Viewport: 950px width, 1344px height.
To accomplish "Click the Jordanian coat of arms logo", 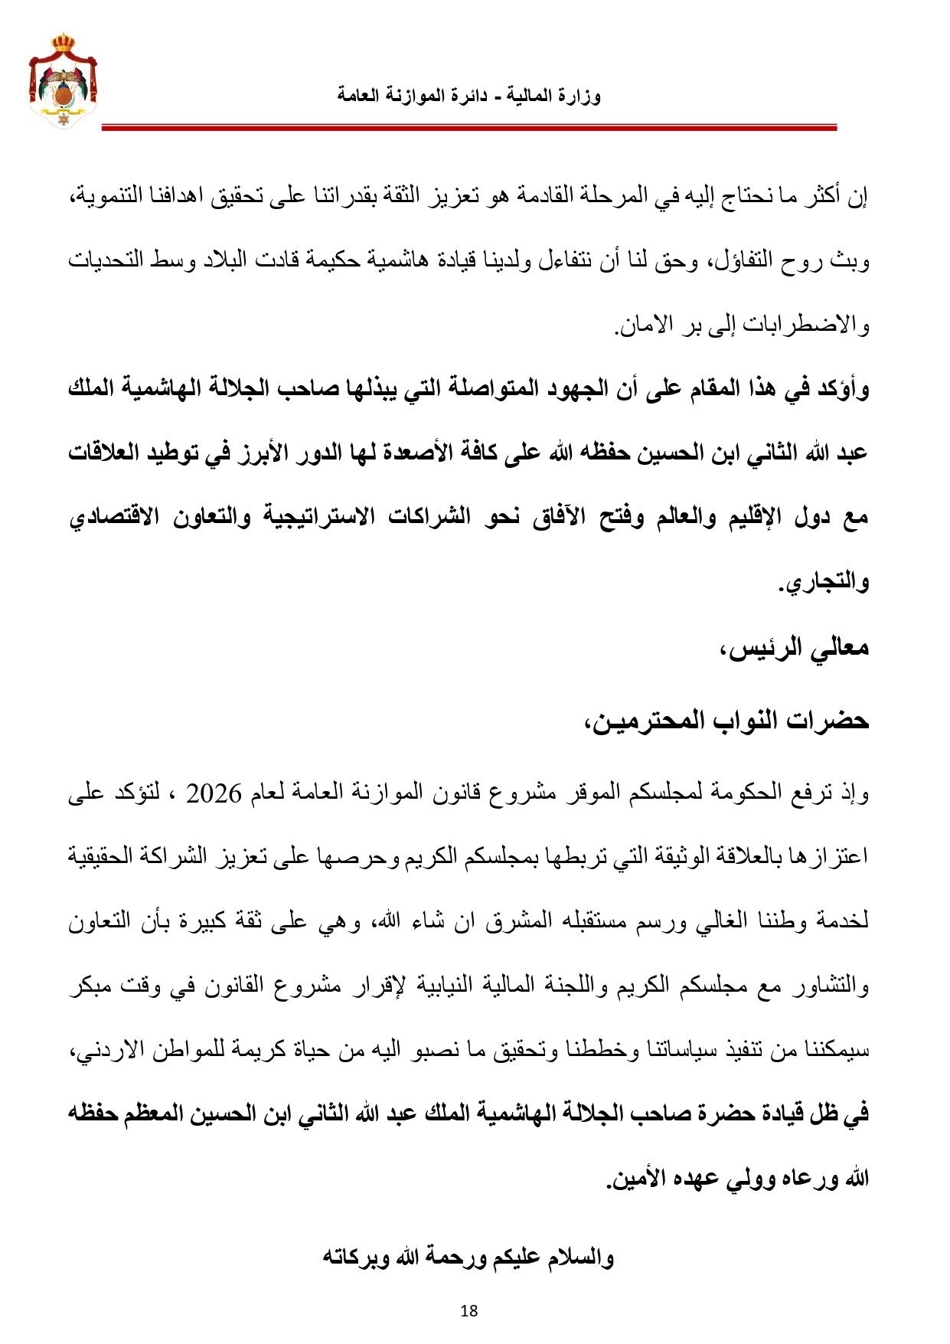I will tap(64, 81).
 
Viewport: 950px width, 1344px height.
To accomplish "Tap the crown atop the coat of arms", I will tap(64, 41).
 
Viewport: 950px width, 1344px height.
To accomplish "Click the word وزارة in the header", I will tap(581, 96).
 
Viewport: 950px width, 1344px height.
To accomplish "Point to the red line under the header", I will tap(468, 128).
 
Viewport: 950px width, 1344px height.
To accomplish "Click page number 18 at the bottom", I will tap(469, 1310).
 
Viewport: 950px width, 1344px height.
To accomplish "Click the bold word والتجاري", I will tap(825, 583).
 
